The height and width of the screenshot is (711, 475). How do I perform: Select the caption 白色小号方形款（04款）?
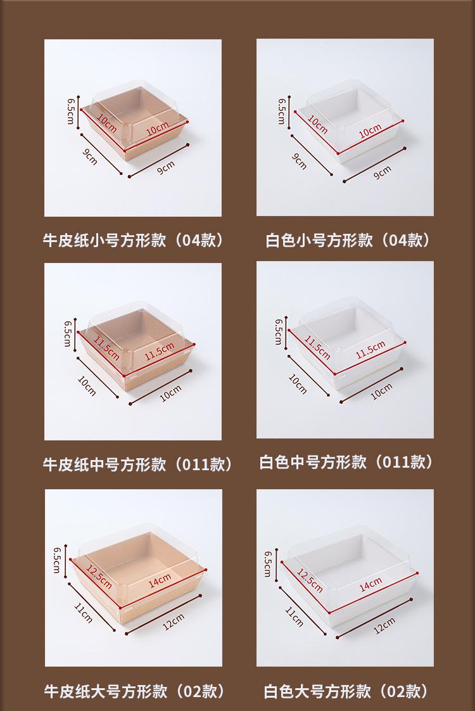click(347, 240)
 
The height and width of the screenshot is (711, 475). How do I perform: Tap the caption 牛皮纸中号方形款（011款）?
click(137, 464)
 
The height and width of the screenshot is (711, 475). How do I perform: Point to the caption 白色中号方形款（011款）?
click(346, 462)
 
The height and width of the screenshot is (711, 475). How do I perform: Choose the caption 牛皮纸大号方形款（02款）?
click(134, 691)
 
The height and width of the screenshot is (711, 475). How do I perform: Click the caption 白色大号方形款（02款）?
click(346, 691)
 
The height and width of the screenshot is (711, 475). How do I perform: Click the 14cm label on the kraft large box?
click(160, 580)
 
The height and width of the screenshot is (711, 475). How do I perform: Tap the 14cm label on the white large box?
click(370, 584)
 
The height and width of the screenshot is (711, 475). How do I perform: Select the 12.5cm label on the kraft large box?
click(99, 577)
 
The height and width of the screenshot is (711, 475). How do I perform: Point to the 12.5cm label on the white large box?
click(310, 580)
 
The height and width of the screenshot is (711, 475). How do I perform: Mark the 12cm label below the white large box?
click(384, 625)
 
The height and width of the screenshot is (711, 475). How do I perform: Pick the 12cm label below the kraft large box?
click(173, 622)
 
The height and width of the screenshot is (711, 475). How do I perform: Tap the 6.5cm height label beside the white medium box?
click(278, 331)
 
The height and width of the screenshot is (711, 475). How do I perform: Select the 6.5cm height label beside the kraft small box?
click(71, 112)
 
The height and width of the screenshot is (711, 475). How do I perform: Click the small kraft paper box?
click(135, 124)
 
